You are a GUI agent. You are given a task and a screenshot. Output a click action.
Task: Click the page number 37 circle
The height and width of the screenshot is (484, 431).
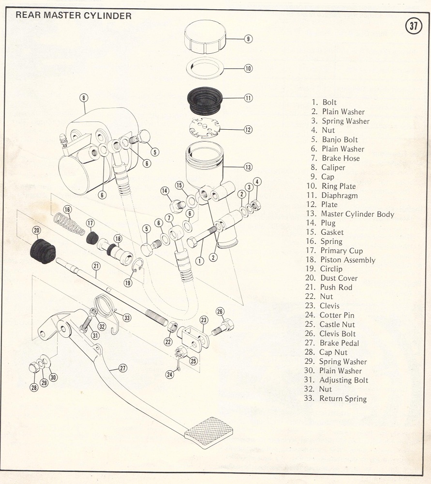point(414,26)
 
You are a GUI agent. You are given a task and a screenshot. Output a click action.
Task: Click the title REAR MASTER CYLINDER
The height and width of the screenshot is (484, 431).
point(74,15)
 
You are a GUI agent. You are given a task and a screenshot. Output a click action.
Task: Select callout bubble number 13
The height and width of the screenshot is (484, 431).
point(248,167)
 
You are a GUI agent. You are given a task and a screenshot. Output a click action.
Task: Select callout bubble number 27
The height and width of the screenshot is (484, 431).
point(123,368)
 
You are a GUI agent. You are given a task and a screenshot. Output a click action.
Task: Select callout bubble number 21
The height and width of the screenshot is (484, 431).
point(96,266)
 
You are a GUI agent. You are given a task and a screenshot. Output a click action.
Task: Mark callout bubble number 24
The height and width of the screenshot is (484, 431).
point(169,374)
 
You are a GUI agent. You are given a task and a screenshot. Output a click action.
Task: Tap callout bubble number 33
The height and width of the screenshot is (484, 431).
point(127,318)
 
